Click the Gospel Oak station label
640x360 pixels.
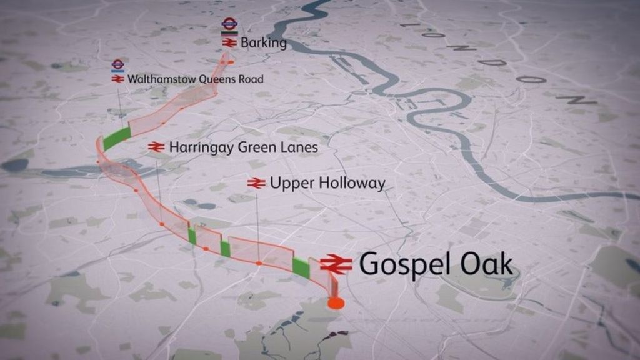[436, 265]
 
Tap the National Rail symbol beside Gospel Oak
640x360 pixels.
[336, 265]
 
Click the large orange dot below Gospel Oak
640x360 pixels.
[336, 304]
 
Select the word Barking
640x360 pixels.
[264, 43]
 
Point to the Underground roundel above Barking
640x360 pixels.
[229, 24]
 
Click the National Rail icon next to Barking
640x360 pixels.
[229, 43]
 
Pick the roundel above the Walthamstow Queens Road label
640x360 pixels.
[117, 64]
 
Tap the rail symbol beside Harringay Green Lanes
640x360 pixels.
[156, 147]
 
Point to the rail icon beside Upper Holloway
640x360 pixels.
[256, 183]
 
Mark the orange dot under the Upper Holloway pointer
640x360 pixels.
[258, 264]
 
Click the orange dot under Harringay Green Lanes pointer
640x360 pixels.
[161, 223]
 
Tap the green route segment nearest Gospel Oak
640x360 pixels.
[301, 267]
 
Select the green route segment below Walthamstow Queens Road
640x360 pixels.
[116, 138]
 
